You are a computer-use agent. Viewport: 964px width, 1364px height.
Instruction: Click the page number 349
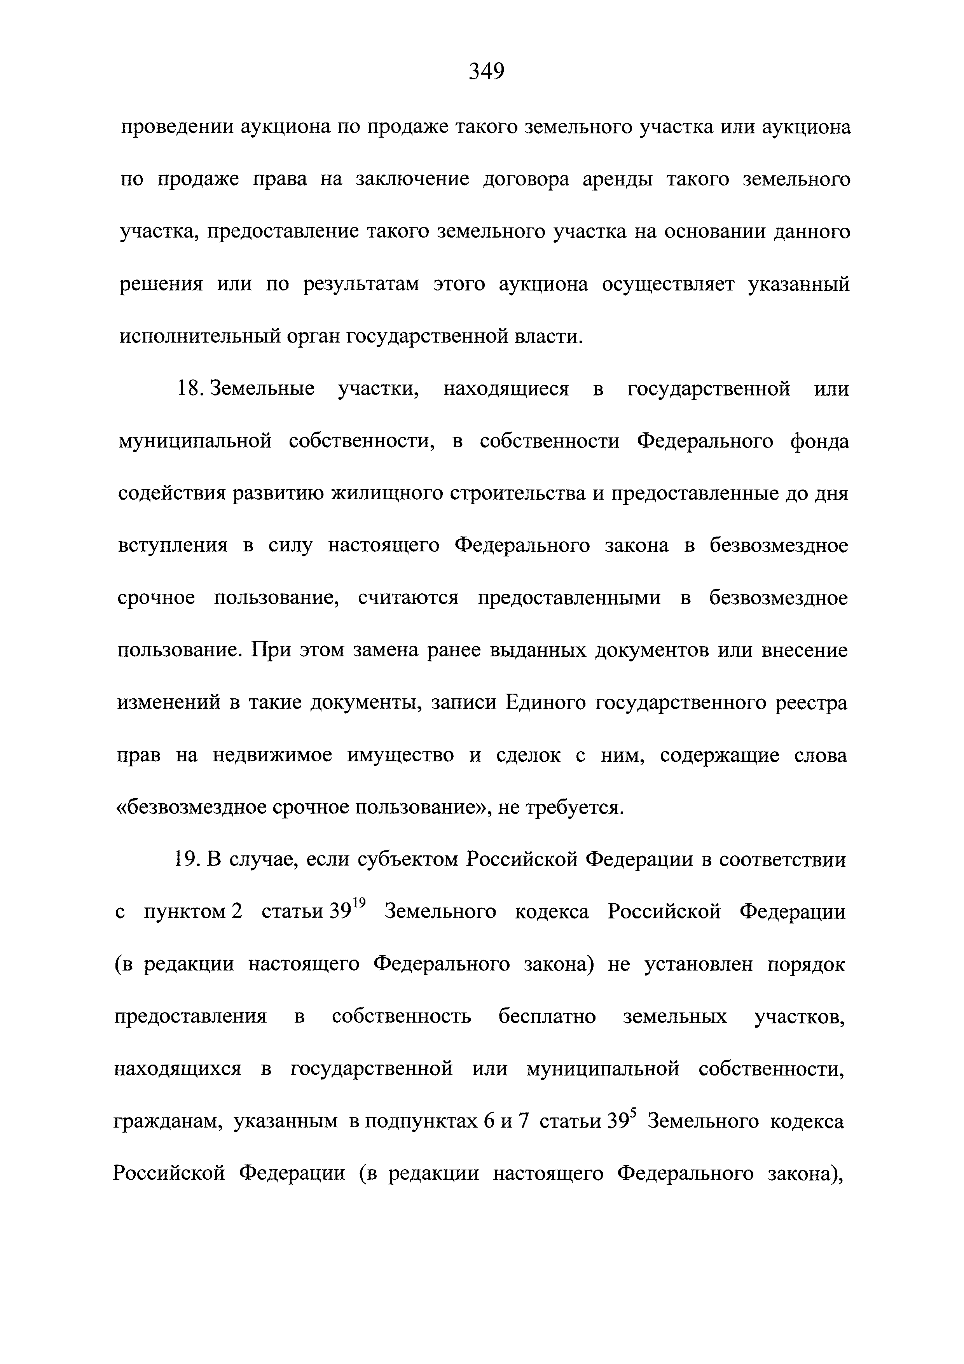486,72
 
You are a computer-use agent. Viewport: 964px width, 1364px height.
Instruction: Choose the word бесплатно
547,1016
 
